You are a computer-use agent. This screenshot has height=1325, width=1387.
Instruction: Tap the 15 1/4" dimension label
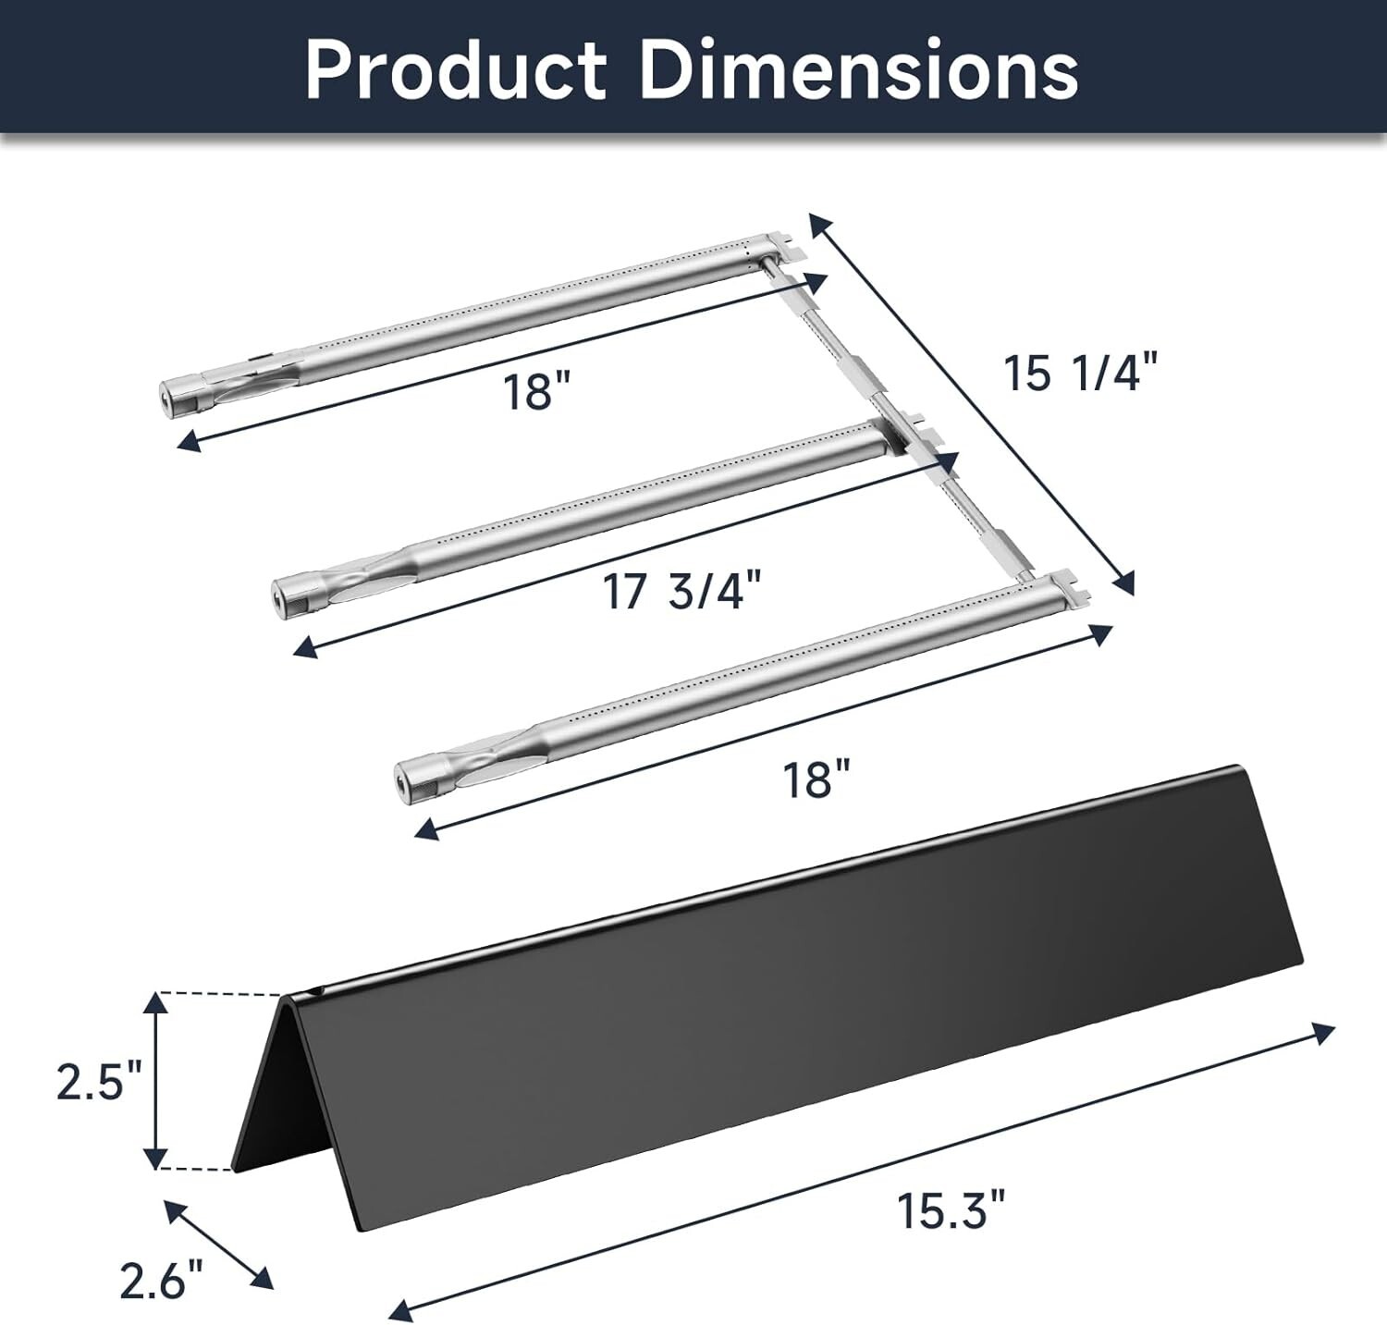pos(1080,374)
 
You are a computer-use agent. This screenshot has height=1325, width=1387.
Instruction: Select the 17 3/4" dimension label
pos(685,592)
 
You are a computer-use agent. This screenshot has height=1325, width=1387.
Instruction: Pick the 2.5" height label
pos(98,1082)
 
